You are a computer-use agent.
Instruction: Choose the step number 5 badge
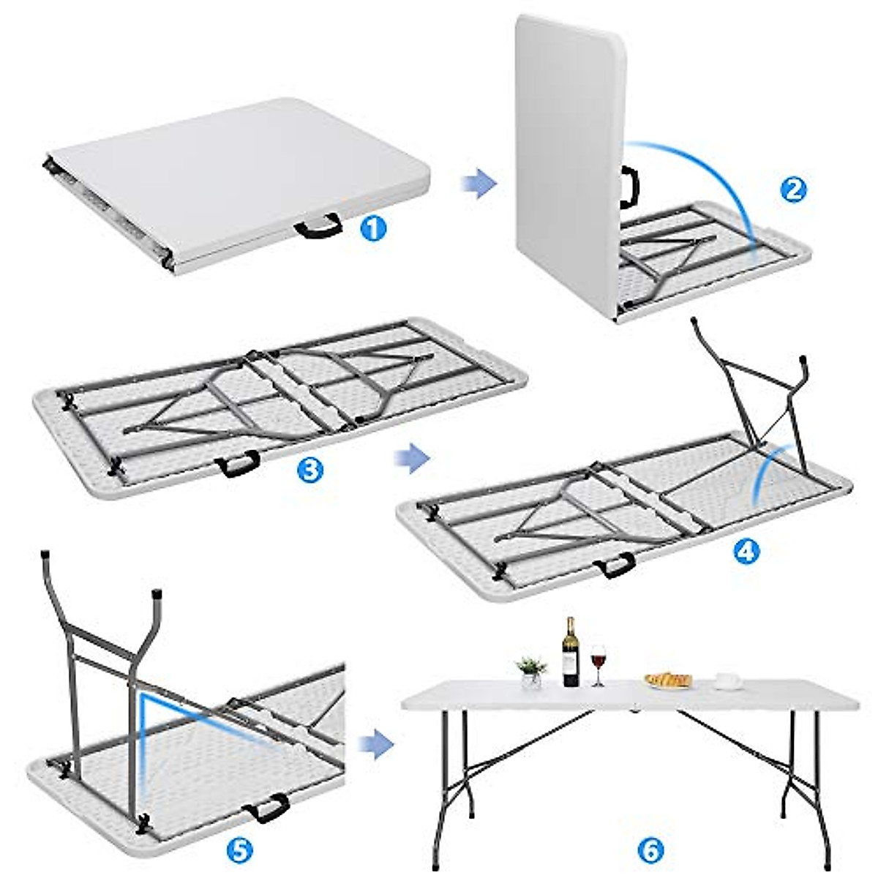pyautogui.click(x=241, y=849)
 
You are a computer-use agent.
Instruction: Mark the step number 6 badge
pyautogui.click(x=650, y=849)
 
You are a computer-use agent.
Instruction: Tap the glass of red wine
pyautogui.click(x=599, y=663)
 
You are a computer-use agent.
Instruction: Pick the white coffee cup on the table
pyautogui.click(x=725, y=680)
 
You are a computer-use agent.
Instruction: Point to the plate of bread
pyautogui.click(x=669, y=680)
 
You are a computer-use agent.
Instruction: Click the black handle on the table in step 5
pyautogui.click(x=267, y=807)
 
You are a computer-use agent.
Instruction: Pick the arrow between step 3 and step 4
pyautogui.click(x=411, y=458)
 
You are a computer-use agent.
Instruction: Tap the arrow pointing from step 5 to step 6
pyautogui.click(x=377, y=743)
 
